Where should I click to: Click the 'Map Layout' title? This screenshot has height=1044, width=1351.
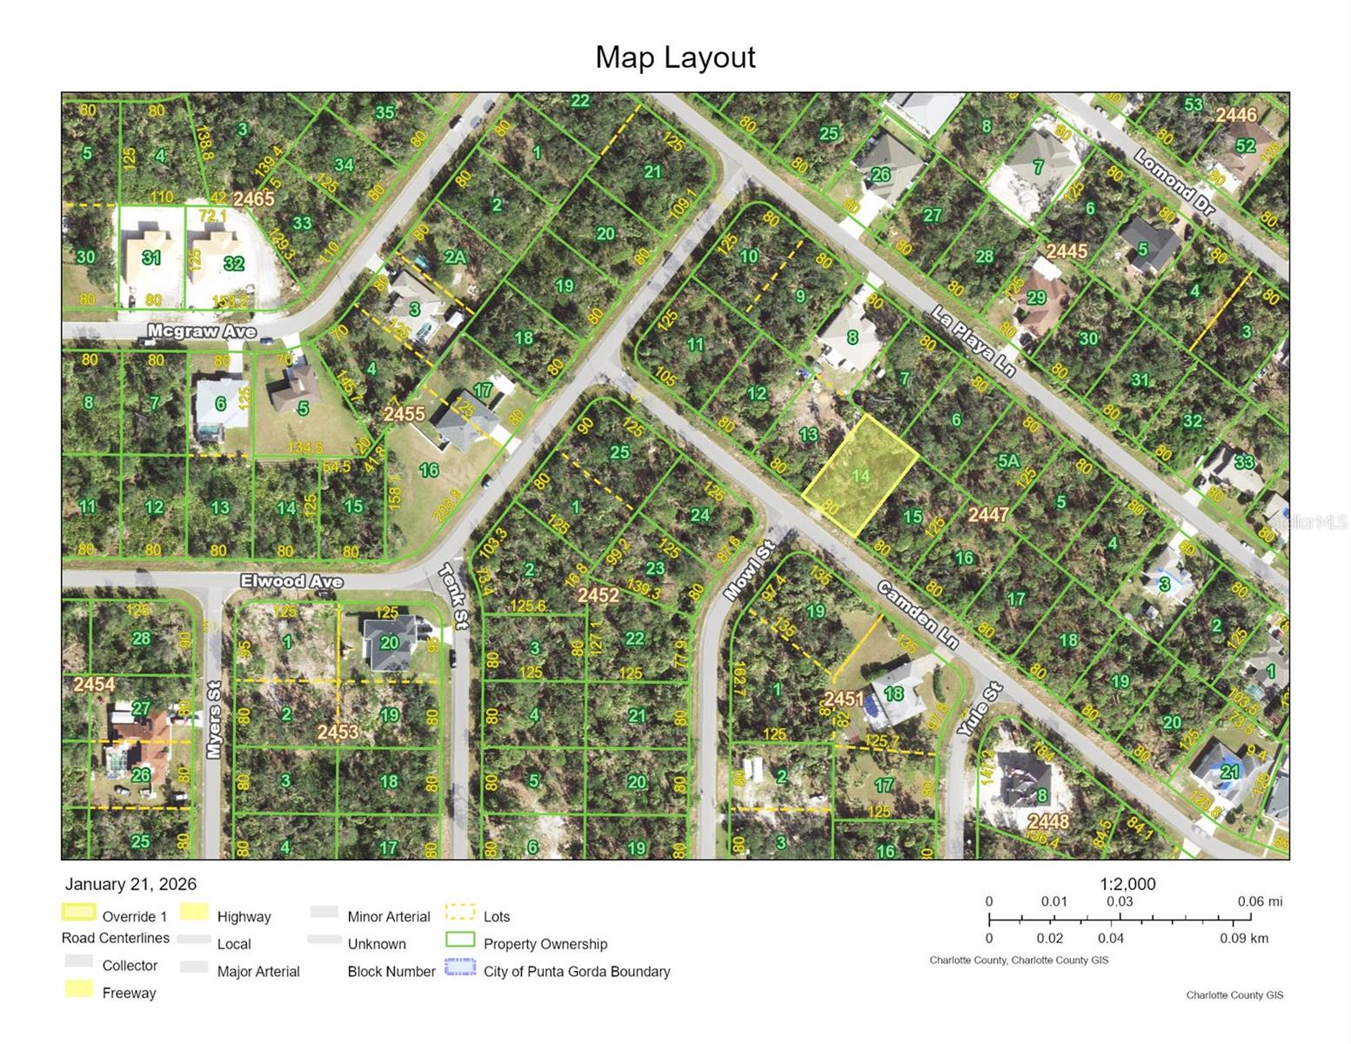675,57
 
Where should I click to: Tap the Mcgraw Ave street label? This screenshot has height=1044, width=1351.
202,331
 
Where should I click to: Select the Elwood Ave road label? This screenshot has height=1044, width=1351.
291,581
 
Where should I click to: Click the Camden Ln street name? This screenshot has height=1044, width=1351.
917,614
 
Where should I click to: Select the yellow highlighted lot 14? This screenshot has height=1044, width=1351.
860,475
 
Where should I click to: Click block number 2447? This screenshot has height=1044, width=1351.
988,515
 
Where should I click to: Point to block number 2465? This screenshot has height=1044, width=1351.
253,198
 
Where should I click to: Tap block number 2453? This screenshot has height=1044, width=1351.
338,732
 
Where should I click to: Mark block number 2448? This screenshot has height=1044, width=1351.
1047,820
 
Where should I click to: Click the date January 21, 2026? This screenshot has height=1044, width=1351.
130,884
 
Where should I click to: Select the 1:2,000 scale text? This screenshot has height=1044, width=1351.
1127,884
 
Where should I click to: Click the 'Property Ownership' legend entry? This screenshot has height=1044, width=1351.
545,944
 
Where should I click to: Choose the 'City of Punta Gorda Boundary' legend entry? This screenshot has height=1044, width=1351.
576,971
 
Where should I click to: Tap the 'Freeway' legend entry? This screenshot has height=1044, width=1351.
129,993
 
